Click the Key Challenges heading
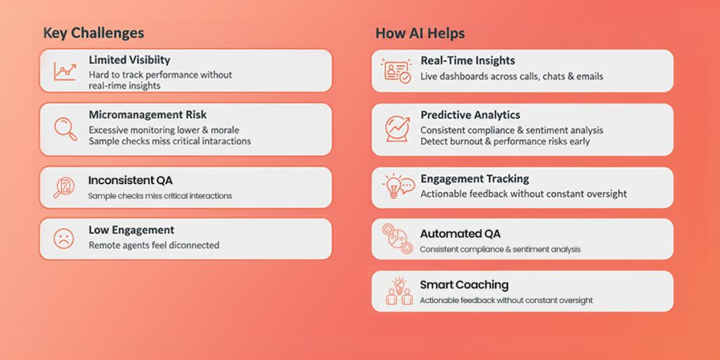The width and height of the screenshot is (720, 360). click(x=94, y=33)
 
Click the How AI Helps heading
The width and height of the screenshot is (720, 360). click(x=420, y=33)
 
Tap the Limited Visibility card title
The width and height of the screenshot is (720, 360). click(x=129, y=60)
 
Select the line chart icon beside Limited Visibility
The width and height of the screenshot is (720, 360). click(x=64, y=70)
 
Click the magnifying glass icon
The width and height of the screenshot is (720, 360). click(x=65, y=129)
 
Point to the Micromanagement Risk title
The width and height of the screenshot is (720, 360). click(x=148, y=115)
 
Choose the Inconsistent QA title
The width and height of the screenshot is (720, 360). click(x=130, y=180)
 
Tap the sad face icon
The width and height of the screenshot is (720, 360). click(x=64, y=238)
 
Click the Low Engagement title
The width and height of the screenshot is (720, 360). click(x=131, y=230)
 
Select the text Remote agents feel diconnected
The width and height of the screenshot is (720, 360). click(x=154, y=245)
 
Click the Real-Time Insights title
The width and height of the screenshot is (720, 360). click(x=468, y=60)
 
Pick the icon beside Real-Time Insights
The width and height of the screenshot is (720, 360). click(x=397, y=70)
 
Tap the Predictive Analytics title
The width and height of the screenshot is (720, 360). click(x=470, y=115)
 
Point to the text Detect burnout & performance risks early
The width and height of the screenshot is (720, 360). click(x=505, y=141)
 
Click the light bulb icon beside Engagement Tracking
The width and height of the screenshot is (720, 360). click(x=397, y=186)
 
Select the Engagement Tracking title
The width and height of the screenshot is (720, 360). click(x=475, y=179)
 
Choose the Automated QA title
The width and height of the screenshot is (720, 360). click(x=461, y=233)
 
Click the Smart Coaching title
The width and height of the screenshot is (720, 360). click(x=464, y=285)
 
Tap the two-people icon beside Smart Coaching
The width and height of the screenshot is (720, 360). click(x=399, y=292)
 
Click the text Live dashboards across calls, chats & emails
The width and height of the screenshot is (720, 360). click(x=512, y=76)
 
